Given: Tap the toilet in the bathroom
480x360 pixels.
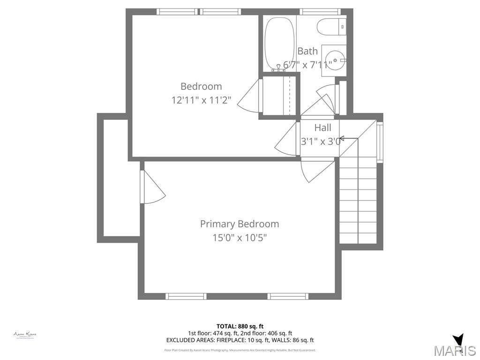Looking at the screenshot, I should coord(331,27).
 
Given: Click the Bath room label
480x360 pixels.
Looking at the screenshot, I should coord(307,51).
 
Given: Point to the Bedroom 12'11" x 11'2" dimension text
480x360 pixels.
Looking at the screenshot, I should coord(201,100).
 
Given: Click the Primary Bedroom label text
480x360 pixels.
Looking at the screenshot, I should coord(239,224).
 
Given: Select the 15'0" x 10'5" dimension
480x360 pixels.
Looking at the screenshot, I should coord(239,238).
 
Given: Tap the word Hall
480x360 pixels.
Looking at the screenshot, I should coord(322,127).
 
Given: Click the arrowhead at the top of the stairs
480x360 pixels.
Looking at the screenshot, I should coord(341,138).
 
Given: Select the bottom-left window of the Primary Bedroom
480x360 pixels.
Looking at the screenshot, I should coord(186,296).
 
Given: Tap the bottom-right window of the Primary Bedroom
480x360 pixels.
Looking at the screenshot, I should coord(288,296).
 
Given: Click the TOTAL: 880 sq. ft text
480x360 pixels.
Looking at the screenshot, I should coord(240,326).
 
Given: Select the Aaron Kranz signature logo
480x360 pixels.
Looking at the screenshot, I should coord(25,335).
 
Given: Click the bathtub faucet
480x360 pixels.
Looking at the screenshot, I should coord(278,68).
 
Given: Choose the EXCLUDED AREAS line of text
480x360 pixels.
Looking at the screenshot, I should coord(240,340).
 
